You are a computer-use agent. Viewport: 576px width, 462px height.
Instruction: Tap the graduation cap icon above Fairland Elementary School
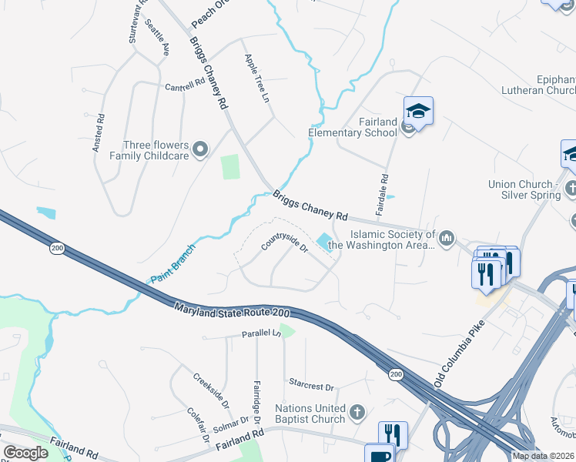click(418, 111)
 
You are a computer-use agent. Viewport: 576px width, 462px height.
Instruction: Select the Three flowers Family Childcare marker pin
click(200, 149)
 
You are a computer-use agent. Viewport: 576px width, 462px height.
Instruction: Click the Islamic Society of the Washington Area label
click(393, 239)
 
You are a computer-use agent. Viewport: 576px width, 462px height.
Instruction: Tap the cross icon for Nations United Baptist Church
click(357, 413)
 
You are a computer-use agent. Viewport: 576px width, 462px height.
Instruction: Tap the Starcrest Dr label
click(311, 387)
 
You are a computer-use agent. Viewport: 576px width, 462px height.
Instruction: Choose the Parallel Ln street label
click(260, 333)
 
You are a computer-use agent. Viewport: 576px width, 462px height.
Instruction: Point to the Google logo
click(25, 453)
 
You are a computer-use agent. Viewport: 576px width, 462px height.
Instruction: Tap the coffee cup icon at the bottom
click(378, 454)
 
